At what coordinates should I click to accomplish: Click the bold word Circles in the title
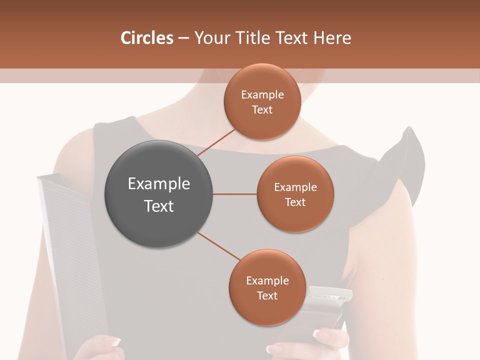pyautogui.click(x=147, y=38)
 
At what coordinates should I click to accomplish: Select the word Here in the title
pyautogui.click(x=332, y=38)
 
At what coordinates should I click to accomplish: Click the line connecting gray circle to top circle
pyautogui.click(x=215, y=142)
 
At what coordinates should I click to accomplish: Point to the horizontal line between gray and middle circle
pyautogui.click(x=234, y=194)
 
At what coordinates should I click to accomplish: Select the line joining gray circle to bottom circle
pyautogui.click(x=219, y=246)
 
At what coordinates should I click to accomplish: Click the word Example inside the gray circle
pyautogui.click(x=159, y=184)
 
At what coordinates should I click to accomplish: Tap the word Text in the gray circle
pyautogui.click(x=159, y=206)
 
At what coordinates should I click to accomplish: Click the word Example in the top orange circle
pyautogui.click(x=262, y=94)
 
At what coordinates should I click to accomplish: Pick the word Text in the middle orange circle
pyautogui.click(x=295, y=202)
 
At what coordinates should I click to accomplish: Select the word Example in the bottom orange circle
pyautogui.click(x=267, y=280)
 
